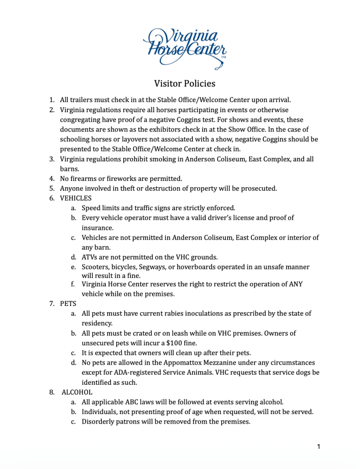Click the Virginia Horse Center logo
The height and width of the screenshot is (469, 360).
185,47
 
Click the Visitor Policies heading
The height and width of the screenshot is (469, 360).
185,83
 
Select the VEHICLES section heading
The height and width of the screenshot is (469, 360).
76,198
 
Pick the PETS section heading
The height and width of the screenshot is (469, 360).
68,304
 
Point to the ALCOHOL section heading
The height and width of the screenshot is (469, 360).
77,392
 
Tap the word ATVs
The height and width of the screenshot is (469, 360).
90,257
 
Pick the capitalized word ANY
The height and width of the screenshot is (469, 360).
295,284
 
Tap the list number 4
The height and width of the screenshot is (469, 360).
52,179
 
